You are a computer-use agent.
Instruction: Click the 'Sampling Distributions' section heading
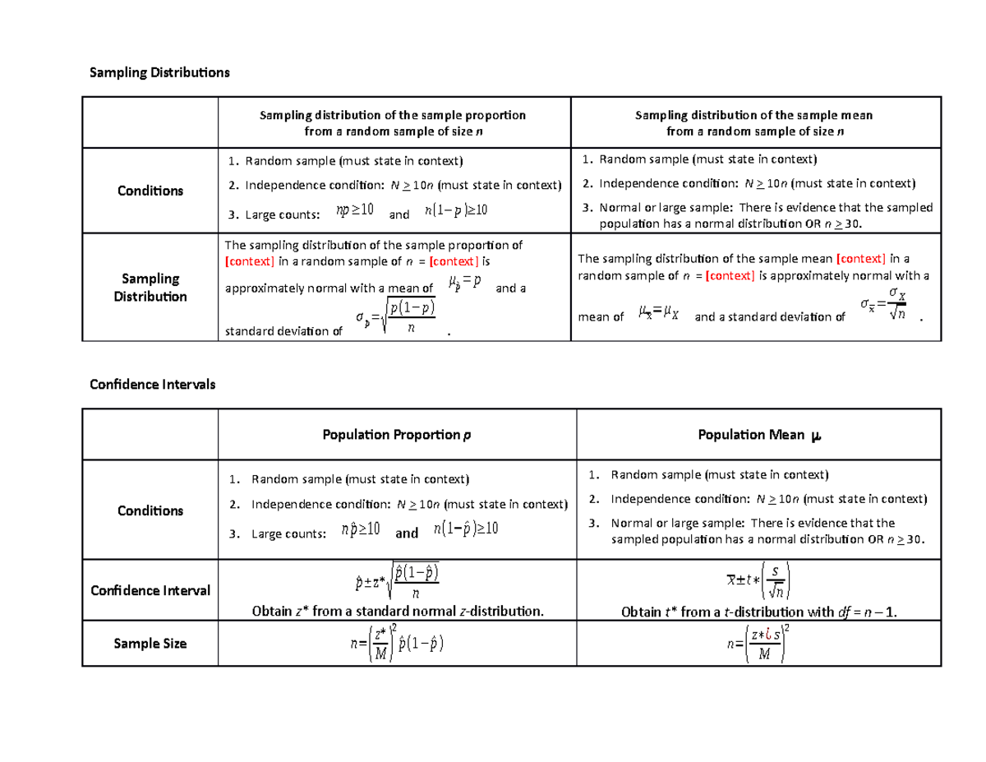click(x=160, y=73)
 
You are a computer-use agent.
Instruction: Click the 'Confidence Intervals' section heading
click(x=152, y=384)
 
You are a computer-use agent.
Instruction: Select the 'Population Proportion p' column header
click(x=397, y=435)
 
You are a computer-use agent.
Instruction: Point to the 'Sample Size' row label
click(x=150, y=644)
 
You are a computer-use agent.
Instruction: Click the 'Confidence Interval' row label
click(x=150, y=590)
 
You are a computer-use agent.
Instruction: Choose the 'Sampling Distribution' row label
click(x=150, y=287)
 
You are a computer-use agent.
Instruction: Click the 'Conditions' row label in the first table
click(x=150, y=191)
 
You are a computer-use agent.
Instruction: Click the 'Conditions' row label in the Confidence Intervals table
click(x=150, y=510)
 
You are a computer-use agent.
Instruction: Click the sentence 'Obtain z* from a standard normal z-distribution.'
click(x=397, y=611)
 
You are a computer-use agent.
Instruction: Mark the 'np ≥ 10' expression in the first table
click(x=355, y=210)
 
